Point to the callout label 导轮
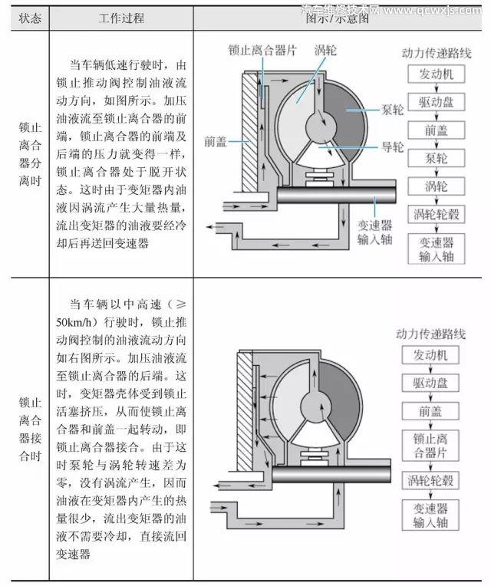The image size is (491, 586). [392, 146]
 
